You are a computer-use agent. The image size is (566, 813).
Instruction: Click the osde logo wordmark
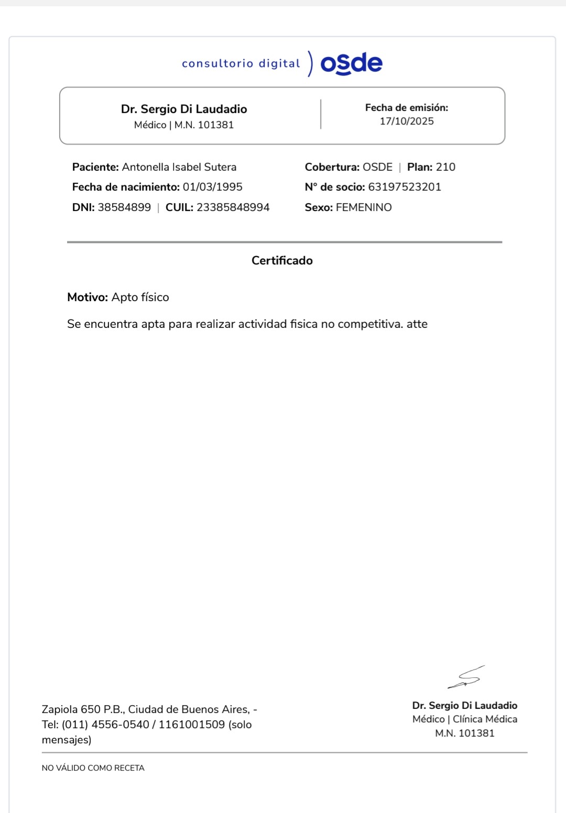351,63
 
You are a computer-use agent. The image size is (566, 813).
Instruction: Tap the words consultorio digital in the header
241,63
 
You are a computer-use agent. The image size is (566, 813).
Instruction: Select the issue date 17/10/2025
407,121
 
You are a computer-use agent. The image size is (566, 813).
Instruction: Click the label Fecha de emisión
406,107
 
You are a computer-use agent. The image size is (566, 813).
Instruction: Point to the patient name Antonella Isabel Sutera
179,167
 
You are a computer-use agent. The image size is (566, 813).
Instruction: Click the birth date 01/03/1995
212,187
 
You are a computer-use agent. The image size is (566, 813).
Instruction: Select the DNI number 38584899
124,207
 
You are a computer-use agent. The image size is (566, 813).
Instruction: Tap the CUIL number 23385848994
233,207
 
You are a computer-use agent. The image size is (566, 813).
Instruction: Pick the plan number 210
445,167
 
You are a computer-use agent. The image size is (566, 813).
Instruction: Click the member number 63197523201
405,187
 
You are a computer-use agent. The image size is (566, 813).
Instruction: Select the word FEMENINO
364,207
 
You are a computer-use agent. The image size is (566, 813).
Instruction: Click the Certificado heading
282,260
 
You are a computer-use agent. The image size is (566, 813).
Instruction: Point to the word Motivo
88,298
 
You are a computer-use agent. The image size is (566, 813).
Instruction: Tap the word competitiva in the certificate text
370,324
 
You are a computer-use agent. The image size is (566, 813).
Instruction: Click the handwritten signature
466,677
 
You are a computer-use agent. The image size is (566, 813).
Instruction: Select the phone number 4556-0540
120,724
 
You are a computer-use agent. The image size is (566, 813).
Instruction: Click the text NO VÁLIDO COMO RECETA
93,768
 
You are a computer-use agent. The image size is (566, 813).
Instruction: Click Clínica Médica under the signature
485,719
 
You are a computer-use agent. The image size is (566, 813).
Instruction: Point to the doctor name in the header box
184,109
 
